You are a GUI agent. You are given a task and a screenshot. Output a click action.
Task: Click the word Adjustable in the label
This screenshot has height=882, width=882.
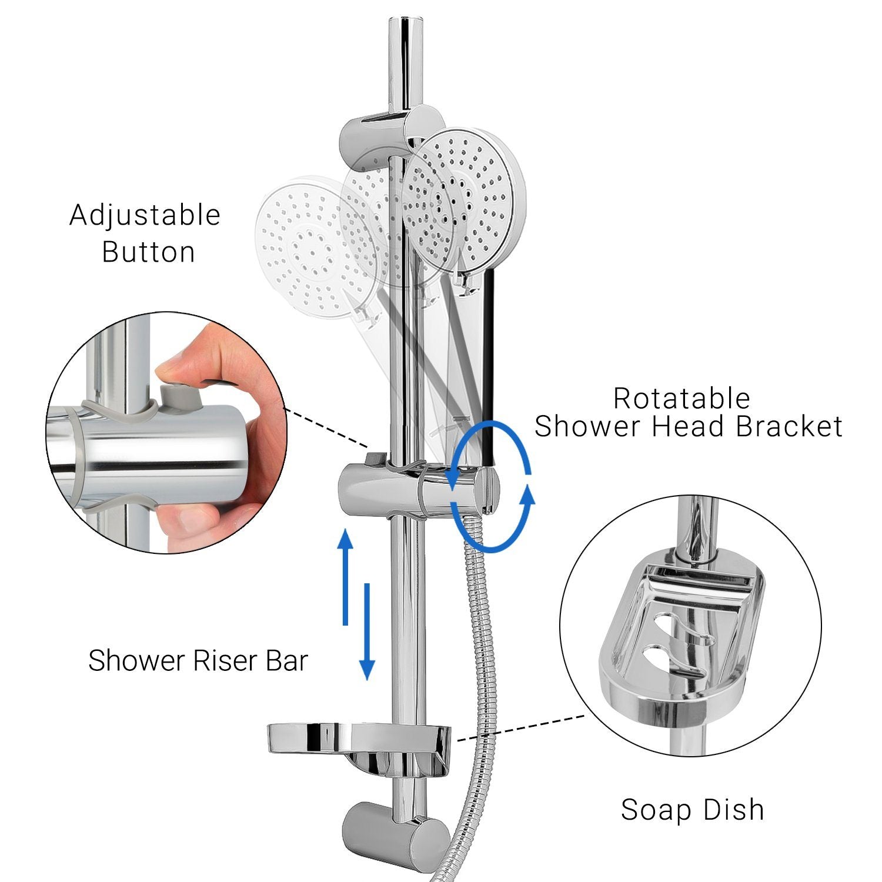click(145, 216)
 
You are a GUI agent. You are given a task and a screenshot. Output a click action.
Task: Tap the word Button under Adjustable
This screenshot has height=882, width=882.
click(148, 252)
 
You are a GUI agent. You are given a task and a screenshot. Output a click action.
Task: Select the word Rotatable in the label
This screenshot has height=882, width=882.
click(682, 398)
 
